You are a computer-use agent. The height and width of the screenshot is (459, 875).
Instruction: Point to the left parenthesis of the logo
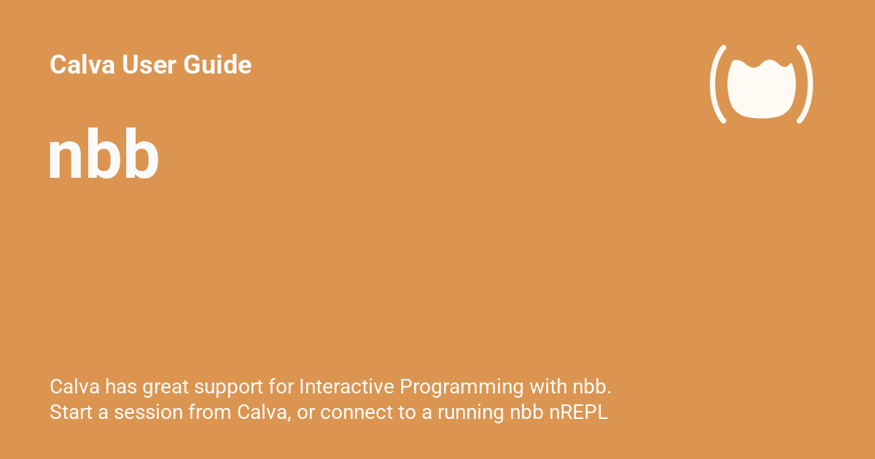[x=717, y=84]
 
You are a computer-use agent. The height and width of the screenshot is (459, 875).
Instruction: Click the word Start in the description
[x=69, y=412]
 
